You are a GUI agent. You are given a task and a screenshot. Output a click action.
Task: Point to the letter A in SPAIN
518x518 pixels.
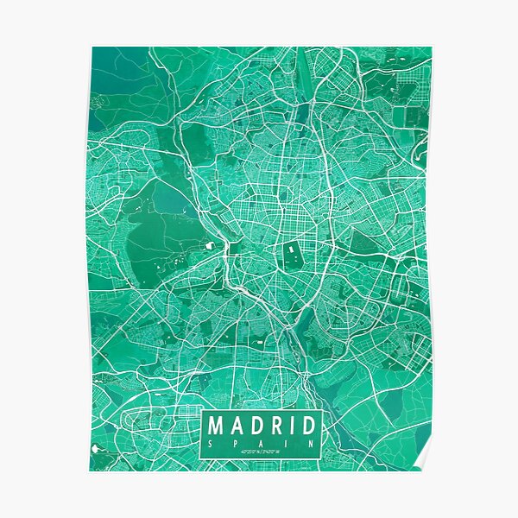(x=261, y=443)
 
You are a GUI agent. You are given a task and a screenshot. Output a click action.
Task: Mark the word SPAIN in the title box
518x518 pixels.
(x=261, y=443)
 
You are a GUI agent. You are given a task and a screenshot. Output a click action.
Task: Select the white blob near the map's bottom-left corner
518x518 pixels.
(x=96, y=449)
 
